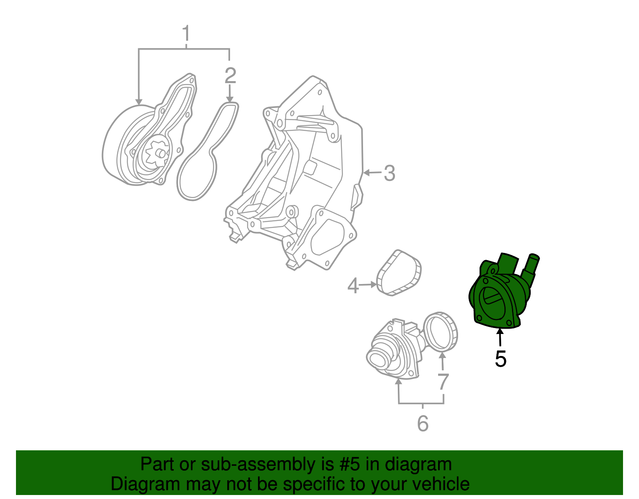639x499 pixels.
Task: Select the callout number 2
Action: click(230, 76)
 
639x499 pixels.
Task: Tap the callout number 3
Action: click(389, 173)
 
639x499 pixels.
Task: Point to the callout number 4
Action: click(353, 286)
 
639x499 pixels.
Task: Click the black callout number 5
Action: click(500, 359)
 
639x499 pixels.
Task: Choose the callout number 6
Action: click(423, 423)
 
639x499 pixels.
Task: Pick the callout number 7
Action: click(443, 382)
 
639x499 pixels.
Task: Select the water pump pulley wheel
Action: click(116, 148)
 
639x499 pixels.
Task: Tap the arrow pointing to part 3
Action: click(371, 173)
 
